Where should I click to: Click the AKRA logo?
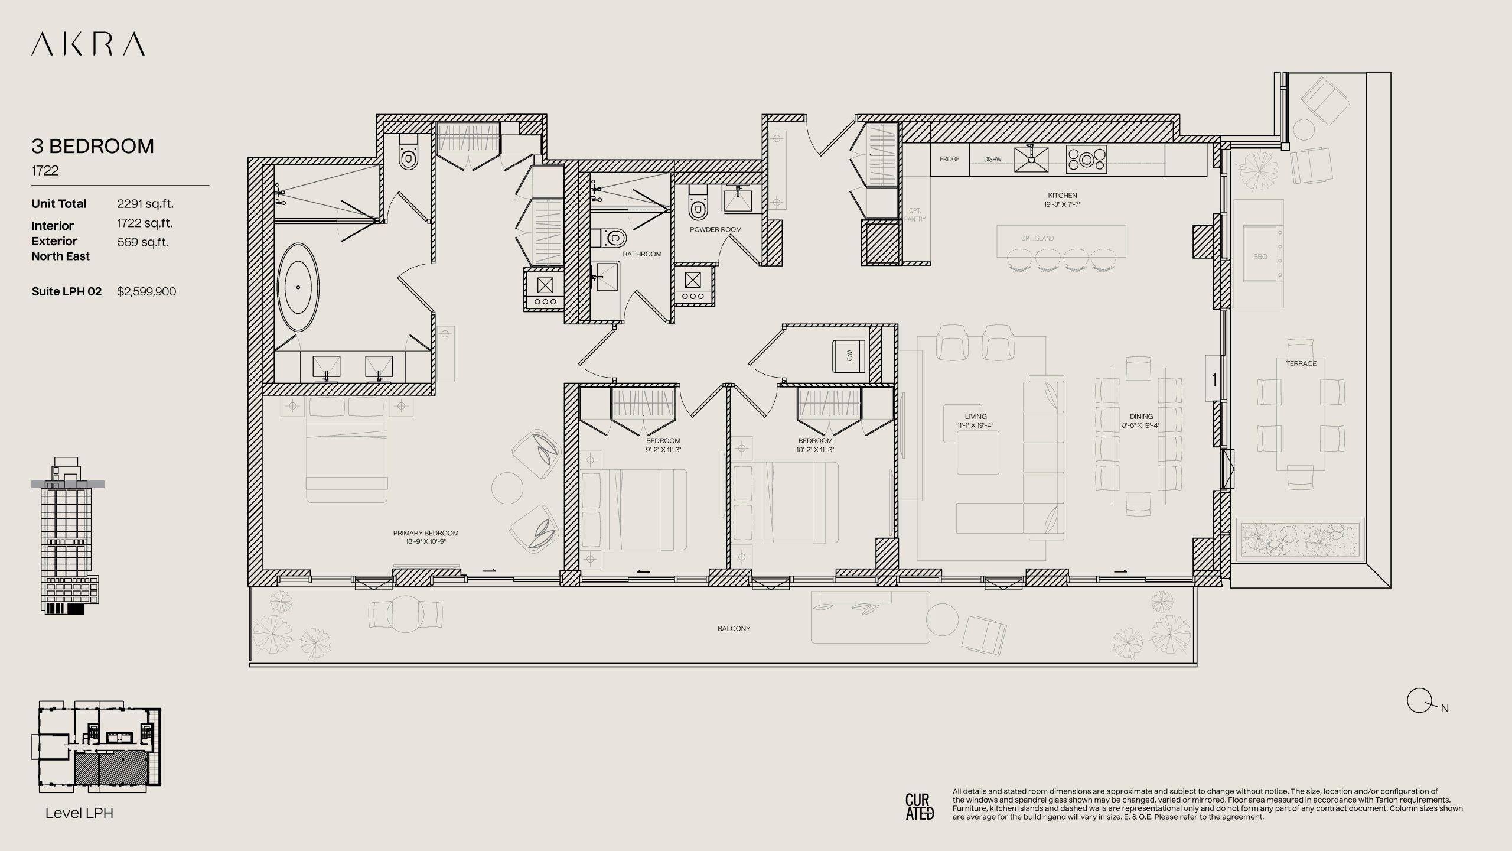coord(88,44)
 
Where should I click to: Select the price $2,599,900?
coord(146,291)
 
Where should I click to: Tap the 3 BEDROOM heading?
coord(93,146)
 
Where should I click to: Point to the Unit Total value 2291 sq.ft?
coord(145,204)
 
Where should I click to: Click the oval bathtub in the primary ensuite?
coord(298,288)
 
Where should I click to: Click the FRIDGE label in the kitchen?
coord(950,159)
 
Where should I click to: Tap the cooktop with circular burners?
coord(1086,159)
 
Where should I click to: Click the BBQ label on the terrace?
coord(1260,256)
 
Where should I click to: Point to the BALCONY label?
coord(734,628)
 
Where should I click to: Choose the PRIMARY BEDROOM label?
coord(426,533)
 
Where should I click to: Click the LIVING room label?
coord(976,417)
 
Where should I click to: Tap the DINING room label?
coord(1141,417)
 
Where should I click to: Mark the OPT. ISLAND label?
coord(1037,238)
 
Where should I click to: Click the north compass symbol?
coord(1417,701)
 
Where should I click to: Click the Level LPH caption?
coord(79,813)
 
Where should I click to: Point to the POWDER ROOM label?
coord(716,229)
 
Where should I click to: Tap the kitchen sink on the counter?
coord(1031,160)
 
